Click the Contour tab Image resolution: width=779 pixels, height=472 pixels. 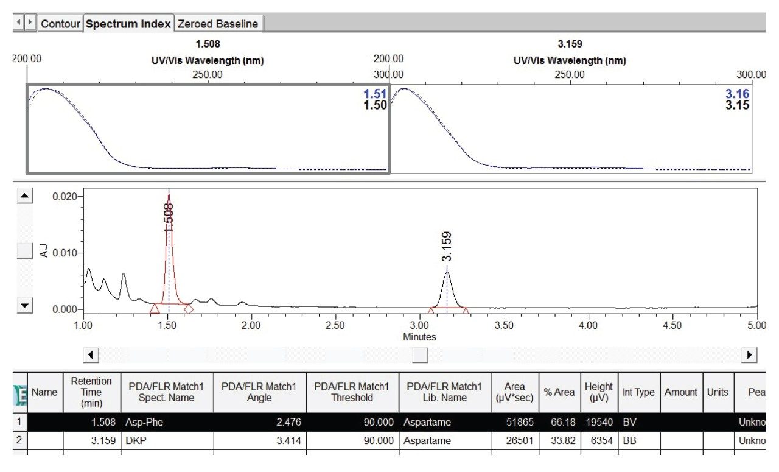pos(60,24)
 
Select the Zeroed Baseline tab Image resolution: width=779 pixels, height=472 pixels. pos(218,24)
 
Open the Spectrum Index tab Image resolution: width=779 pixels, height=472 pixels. pos(128,24)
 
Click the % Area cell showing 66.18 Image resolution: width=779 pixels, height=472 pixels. pos(561,421)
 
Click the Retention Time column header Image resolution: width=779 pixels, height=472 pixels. pos(91,392)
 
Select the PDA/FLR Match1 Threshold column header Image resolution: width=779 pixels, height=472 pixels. pos(352,392)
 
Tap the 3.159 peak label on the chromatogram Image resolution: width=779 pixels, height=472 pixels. pos(447,246)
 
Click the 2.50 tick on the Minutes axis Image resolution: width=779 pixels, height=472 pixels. pos(335,326)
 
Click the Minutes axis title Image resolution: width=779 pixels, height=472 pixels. pos(419,337)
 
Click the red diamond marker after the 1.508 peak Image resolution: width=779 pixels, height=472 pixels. pos(189,309)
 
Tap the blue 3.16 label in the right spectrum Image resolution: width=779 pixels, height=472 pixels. pos(737,94)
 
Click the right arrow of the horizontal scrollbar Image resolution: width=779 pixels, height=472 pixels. pos(750,354)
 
